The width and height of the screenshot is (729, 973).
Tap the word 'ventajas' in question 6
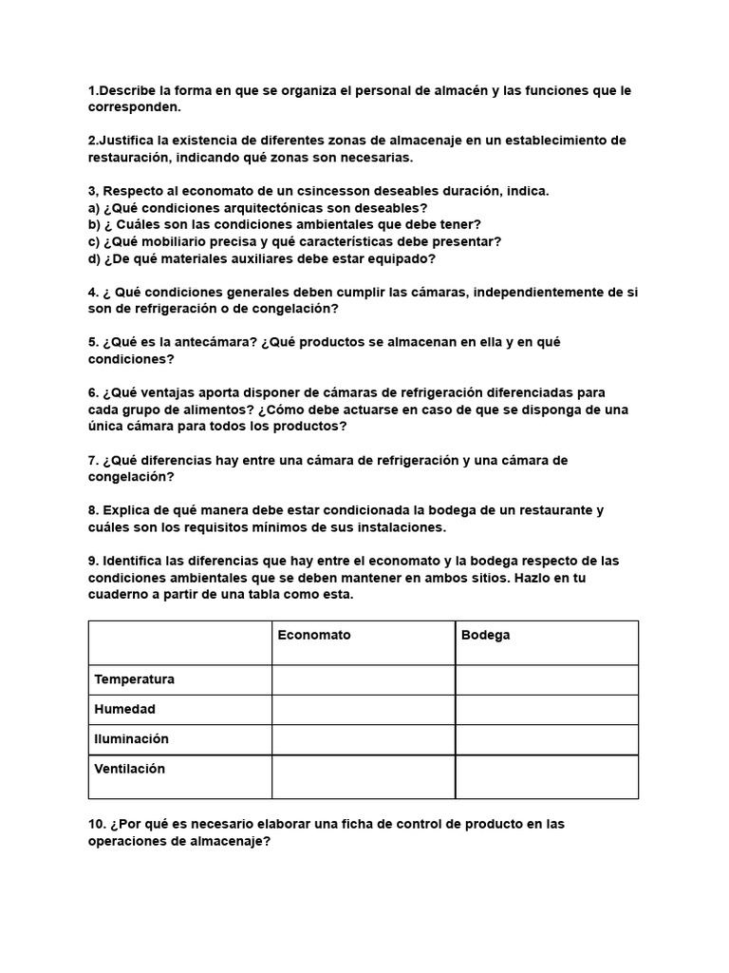pos(170,392)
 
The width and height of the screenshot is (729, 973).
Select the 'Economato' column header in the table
pos(313,635)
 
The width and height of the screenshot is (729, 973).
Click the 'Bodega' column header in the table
pos(485,635)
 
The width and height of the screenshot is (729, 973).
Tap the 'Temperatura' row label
pos(134,679)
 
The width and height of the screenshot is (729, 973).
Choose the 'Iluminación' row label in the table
pos(131,738)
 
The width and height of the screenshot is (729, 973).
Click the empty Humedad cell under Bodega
pos(547,710)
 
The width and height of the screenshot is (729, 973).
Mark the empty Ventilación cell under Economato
pos(364,776)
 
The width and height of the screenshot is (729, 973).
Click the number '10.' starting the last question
pos(98,824)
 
